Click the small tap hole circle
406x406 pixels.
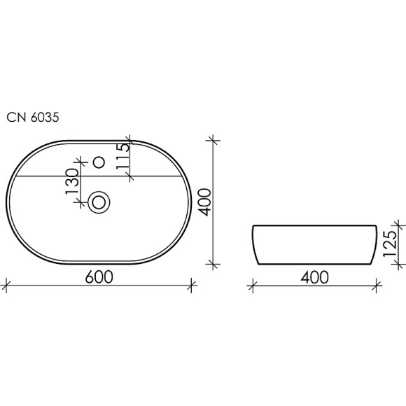[x=99, y=163]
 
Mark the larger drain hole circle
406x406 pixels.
[x=100, y=202]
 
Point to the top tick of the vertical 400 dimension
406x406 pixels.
[x=215, y=139]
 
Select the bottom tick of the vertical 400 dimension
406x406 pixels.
[x=215, y=265]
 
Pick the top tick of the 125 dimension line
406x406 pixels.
[x=400, y=225]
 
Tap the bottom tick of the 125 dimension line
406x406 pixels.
[x=400, y=265]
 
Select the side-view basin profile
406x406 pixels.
[x=315, y=245]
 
